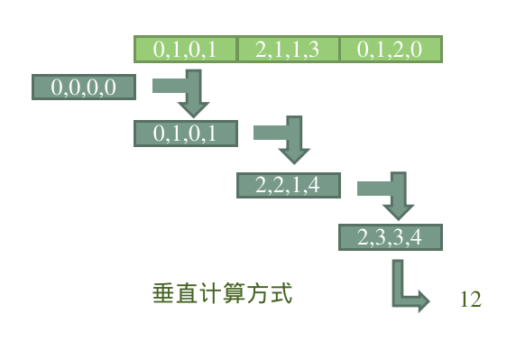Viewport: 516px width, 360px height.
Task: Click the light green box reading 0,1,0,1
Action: [185, 49]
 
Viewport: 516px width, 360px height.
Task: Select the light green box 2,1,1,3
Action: [288, 49]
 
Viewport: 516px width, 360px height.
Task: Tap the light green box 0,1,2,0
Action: [390, 49]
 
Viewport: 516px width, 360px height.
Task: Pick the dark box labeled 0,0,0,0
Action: [83, 88]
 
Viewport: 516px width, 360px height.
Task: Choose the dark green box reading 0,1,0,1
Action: [185, 134]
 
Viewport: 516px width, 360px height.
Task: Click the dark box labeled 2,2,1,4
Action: [288, 186]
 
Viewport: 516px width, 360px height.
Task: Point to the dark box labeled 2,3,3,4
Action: [390, 237]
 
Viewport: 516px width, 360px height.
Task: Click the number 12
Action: [470, 300]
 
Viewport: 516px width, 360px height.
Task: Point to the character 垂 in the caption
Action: [163, 294]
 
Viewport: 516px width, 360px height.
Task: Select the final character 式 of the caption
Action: [282, 294]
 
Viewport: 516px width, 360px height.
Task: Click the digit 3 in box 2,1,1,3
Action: [313, 50]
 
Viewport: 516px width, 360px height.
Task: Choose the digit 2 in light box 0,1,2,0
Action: [402, 50]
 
